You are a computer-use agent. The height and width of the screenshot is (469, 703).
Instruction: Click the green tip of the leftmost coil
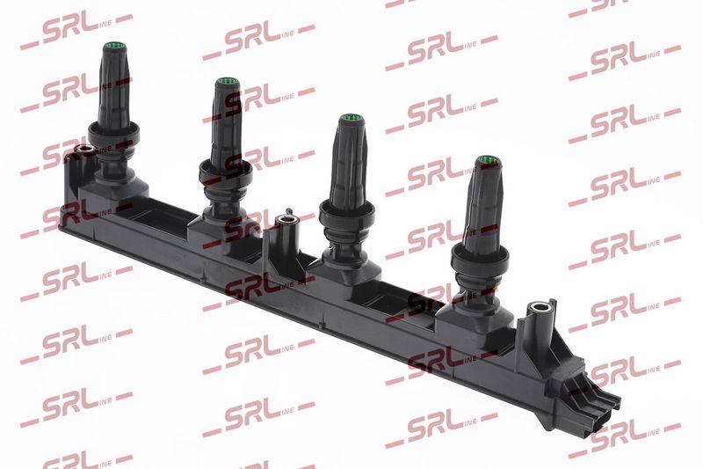pos(112,46)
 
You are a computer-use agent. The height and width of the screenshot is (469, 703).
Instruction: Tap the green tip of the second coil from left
pos(227,83)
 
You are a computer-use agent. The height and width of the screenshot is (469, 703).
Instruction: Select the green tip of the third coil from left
pos(351,119)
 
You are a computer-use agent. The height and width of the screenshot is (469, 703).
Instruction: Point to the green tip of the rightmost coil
pos(486,160)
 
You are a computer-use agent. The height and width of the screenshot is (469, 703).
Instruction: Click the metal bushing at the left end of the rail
pos(83,150)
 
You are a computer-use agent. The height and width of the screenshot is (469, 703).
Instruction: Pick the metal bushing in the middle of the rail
pos(286,220)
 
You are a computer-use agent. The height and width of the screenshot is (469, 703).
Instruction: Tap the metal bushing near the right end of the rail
pos(539,308)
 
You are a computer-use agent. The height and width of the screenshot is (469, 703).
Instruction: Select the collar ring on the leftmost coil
pos(113,133)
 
